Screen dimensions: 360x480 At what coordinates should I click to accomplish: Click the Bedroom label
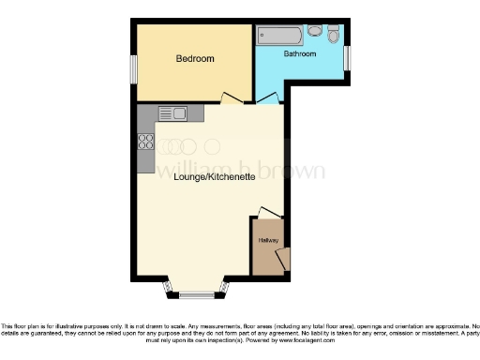pyautogui.click(x=195, y=59)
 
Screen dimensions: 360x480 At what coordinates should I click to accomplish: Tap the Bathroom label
pyautogui.click(x=301, y=54)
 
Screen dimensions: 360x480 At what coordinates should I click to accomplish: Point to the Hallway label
pyautogui.click(x=268, y=240)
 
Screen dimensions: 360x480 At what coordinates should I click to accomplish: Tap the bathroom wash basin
pyautogui.click(x=314, y=31)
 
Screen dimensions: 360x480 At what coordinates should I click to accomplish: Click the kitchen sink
pyautogui.click(x=173, y=114)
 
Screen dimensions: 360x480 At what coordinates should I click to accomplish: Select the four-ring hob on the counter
pyautogui.click(x=146, y=142)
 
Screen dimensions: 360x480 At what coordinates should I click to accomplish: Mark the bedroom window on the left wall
pyautogui.click(x=134, y=67)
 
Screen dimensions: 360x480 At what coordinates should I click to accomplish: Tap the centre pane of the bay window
pyautogui.click(x=197, y=295)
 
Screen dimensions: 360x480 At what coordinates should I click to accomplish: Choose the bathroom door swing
pyautogui.click(x=267, y=97)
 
